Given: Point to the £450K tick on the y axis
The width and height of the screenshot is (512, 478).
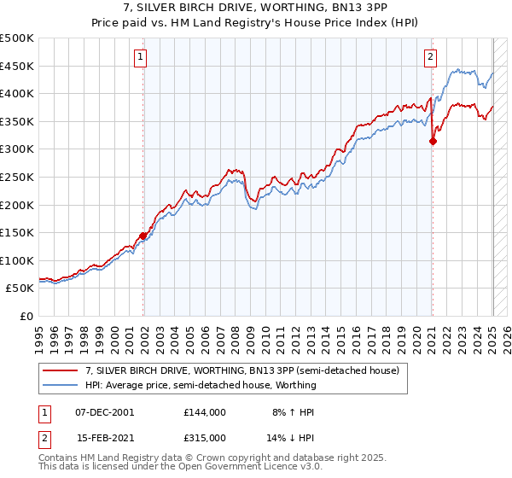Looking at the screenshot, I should [17, 66].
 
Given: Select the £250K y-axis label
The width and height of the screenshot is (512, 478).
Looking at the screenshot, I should [17, 177].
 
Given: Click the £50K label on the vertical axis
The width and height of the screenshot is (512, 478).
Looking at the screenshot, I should [20, 289].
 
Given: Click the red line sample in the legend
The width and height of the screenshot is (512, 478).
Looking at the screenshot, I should [60, 371].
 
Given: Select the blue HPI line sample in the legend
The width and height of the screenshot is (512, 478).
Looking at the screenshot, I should [60, 385].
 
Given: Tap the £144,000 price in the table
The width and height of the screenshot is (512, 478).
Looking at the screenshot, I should [205, 412].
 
